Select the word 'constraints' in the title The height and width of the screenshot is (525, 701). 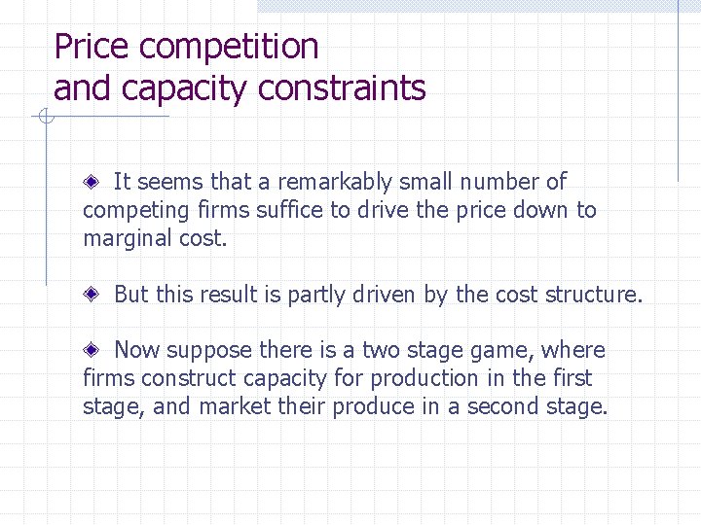[x=343, y=88]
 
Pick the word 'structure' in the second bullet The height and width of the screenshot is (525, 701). [x=595, y=295]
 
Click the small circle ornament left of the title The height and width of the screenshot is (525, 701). [x=45, y=118]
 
